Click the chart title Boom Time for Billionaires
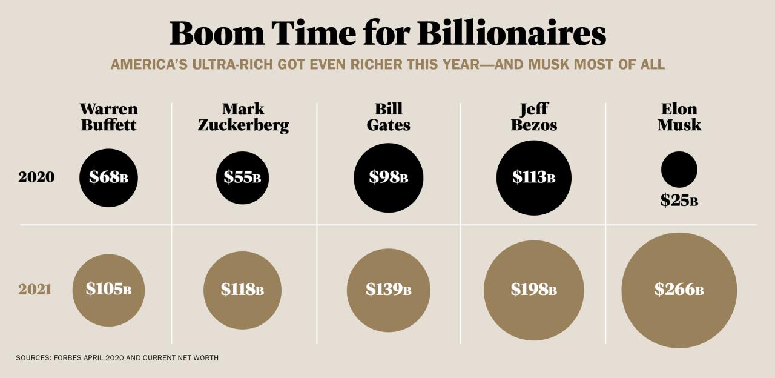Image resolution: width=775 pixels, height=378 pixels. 387,33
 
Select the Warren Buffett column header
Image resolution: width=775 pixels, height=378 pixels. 108,117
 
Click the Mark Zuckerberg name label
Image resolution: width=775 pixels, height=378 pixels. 243,117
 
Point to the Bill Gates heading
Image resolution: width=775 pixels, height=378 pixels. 388,117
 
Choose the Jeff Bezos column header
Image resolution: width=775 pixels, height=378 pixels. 533,117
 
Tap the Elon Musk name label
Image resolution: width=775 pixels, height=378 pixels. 679,117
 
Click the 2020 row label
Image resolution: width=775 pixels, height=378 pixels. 36,177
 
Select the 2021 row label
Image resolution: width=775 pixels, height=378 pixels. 35,290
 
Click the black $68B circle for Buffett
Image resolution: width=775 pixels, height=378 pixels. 108,177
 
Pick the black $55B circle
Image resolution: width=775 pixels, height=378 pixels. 242,177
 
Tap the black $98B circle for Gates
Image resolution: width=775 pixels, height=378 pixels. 388,177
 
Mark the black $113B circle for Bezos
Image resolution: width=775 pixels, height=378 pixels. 533,177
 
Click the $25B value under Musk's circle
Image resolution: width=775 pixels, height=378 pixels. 679,201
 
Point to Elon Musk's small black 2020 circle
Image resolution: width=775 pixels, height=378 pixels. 679,169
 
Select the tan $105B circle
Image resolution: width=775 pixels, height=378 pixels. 108,290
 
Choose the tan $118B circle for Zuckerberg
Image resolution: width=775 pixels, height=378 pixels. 242,290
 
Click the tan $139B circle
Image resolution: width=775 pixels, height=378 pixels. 388,290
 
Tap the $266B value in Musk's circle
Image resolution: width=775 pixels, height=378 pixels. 679,290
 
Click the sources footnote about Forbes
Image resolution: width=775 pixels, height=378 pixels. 117,358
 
